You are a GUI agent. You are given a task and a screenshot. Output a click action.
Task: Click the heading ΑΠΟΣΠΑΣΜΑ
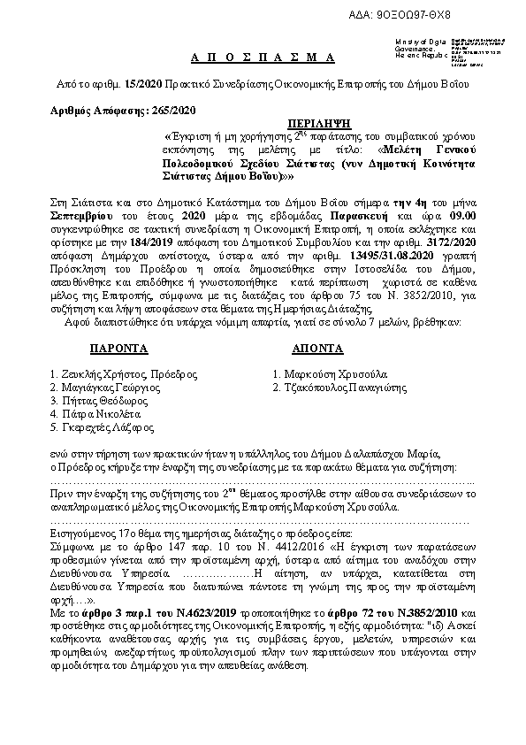click(263, 58)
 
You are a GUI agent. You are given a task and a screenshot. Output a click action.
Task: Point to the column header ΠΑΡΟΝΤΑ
click(98, 349)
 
